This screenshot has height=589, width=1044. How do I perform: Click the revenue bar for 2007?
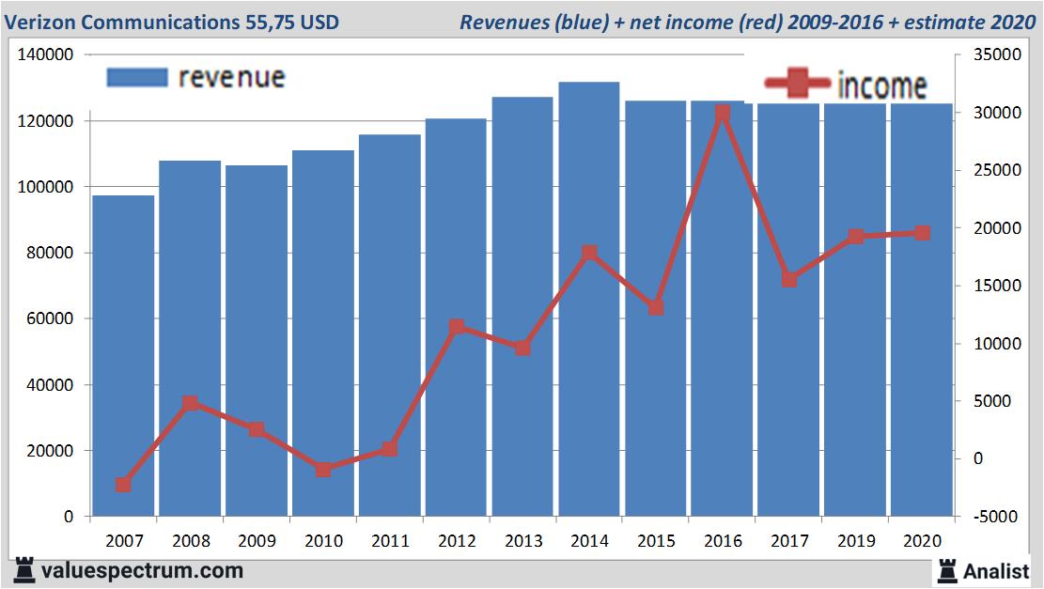pyautogui.click(x=123, y=356)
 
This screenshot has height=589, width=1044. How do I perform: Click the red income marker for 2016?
pyautogui.click(x=723, y=114)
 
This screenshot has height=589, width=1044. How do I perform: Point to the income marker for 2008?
pyautogui.click(x=190, y=403)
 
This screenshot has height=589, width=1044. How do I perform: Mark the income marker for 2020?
pyautogui.click(x=922, y=233)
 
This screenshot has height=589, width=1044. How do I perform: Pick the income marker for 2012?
pyautogui.click(x=457, y=328)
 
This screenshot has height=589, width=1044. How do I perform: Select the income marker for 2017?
pyautogui.click(x=789, y=279)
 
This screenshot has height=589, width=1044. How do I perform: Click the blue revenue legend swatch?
pyautogui.click(x=136, y=77)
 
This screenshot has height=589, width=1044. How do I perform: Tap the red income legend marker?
pyautogui.click(x=797, y=84)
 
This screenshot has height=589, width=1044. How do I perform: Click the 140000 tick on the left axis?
pyautogui.click(x=47, y=55)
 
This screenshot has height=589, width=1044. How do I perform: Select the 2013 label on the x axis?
pyautogui.click(x=522, y=541)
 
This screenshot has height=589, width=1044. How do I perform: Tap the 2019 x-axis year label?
pyautogui.click(x=855, y=541)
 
